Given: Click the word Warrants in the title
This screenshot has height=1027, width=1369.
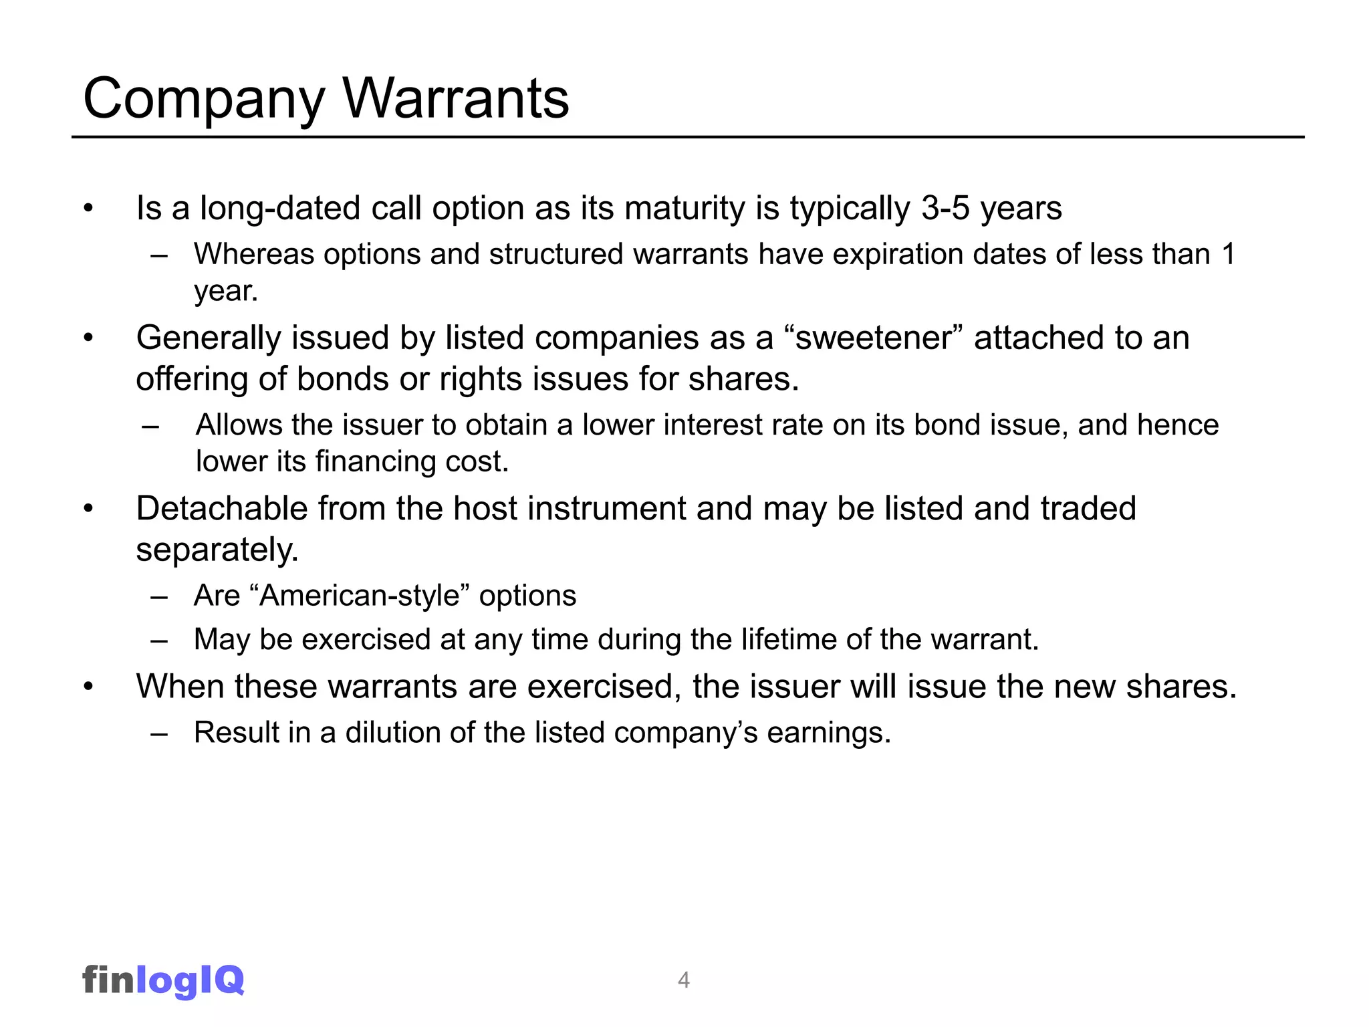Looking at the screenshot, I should click(x=456, y=99).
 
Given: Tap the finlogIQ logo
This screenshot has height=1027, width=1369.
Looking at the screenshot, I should click(x=163, y=980).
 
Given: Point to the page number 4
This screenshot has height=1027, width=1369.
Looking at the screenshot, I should click(x=683, y=980).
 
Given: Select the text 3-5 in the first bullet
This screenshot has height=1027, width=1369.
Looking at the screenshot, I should click(x=945, y=208).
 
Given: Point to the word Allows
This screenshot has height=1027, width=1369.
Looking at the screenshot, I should click(x=239, y=425).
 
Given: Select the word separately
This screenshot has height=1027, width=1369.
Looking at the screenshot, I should click(x=217, y=550).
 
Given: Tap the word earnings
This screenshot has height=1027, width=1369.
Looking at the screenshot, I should click(x=828, y=733).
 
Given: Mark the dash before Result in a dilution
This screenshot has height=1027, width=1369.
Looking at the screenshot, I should click(x=159, y=733).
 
